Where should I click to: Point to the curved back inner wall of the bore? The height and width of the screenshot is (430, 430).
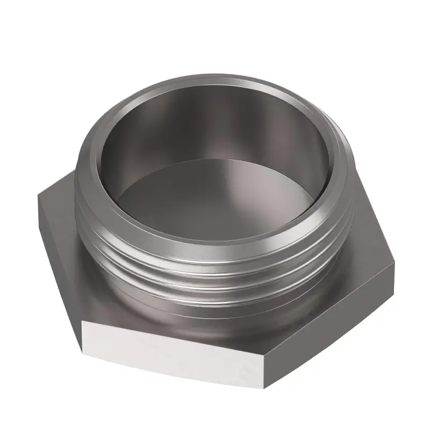click(215, 124)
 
